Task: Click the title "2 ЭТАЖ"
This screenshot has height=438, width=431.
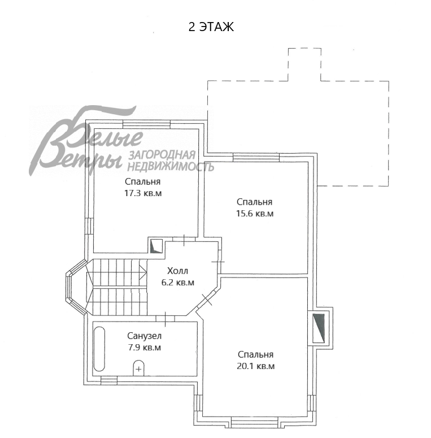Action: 211,27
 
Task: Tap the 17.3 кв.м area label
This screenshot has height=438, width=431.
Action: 143,193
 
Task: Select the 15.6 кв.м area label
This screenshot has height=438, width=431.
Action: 255,214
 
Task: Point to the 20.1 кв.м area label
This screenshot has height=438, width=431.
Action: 256,366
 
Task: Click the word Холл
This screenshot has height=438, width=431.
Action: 177,271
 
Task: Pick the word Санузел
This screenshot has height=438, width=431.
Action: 144,336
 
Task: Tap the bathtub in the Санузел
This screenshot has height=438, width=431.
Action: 99,349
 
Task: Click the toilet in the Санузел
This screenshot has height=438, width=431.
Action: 138,368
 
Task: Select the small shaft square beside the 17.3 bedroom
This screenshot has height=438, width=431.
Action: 156,246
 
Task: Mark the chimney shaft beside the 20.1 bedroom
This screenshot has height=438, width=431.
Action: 319,328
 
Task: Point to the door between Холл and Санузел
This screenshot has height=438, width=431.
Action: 166,319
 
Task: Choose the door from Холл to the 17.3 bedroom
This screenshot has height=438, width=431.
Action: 184,240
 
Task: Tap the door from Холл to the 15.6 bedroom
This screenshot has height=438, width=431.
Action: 219,262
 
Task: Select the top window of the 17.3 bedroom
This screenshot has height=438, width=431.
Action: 146,124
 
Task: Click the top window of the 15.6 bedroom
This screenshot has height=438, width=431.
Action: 256,157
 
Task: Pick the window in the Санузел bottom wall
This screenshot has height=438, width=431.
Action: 109,380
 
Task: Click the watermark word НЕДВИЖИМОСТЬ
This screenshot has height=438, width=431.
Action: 171,167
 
